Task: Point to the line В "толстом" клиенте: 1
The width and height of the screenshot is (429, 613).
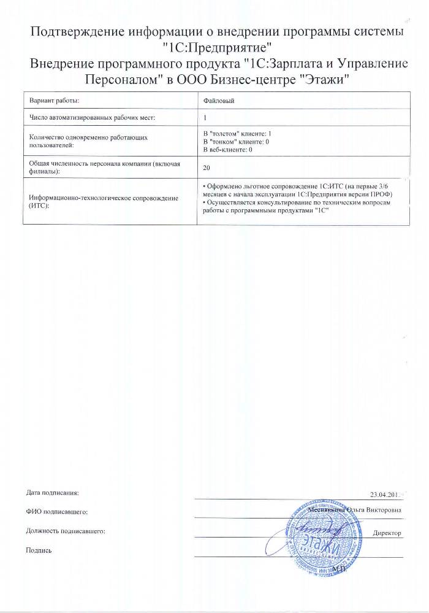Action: coord(237,133)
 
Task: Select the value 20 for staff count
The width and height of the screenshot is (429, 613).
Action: coord(207,168)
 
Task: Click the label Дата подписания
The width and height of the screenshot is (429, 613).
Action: coord(53,492)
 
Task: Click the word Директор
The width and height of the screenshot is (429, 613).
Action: coord(387,533)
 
